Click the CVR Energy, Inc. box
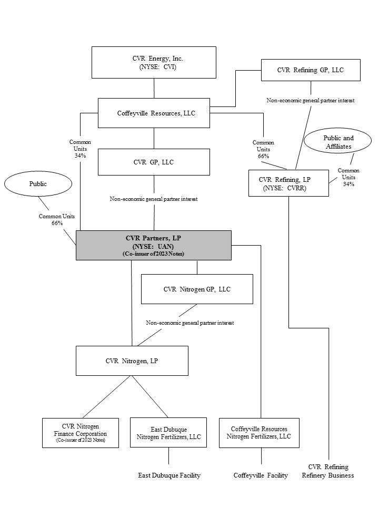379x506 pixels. pos(154,62)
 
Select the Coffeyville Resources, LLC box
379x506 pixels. pos(154,113)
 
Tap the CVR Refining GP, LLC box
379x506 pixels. pos(311,70)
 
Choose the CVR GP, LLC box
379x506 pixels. pos(154,162)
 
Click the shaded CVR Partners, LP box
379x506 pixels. pos(154,245)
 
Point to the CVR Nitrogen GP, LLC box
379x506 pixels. pos(197,289)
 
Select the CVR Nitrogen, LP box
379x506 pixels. pos(132,361)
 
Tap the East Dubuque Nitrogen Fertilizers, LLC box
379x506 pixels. pos(168,433)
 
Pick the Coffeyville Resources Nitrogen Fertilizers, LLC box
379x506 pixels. pos(259,433)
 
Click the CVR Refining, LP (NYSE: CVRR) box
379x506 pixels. pos(288,183)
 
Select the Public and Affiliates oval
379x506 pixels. pos(338,142)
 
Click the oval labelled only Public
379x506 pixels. pos(38,184)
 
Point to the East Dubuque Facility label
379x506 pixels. pos(169,475)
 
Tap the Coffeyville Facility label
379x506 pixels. pos(261,475)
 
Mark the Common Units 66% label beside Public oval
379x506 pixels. pos(57,220)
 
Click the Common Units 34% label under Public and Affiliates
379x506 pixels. pos(348,177)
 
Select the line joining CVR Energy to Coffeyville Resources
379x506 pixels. pos(154,88)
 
